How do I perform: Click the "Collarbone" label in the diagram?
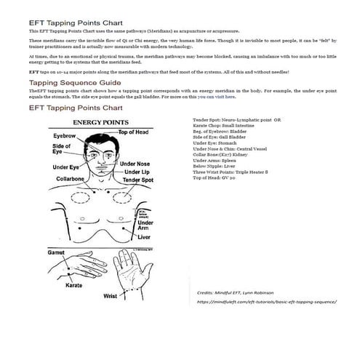72,178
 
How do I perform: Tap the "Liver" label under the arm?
143,236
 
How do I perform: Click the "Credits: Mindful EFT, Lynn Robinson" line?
238,290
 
